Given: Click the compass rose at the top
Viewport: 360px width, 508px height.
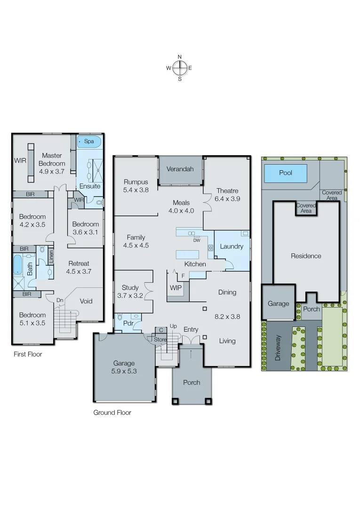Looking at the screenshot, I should click(x=179, y=68).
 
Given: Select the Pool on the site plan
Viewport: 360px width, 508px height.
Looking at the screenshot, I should click(x=285, y=173).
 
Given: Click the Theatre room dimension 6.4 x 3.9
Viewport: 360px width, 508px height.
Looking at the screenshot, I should click(x=227, y=199).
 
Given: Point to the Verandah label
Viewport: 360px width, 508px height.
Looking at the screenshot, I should click(x=180, y=169).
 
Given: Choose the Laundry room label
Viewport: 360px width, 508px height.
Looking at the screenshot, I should click(x=232, y=246).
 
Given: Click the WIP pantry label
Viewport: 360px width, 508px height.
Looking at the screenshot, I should click(x=176, y=286).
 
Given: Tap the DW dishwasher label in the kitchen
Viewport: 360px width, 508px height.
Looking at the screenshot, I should click(x=197, y=240).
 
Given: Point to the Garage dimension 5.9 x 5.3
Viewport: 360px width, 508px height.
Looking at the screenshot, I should click(x=124, y=371).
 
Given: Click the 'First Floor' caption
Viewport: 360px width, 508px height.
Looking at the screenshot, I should click(x=28, y=354).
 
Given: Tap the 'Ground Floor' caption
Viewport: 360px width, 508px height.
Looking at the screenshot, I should click(x=112, y=413).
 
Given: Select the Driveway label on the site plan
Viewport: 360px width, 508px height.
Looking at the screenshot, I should click(x=278, y=348).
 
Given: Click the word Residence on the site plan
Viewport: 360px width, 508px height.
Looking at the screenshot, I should click(x=306, y=256).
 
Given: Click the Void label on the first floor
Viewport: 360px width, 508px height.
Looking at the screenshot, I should click(x=86, y=301).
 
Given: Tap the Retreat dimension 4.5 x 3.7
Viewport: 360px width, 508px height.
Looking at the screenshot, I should click(x=79, y=271).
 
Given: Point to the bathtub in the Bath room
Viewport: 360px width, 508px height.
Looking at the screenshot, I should click(x=17, y=264).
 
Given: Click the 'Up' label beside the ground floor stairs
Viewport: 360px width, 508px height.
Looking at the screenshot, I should click(x=173, y=326).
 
